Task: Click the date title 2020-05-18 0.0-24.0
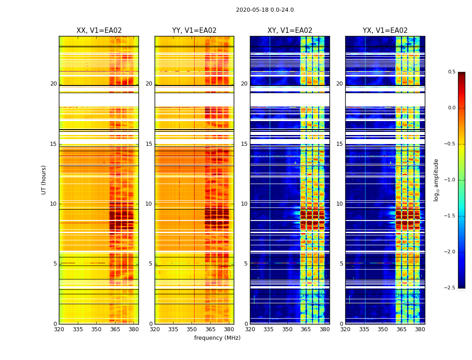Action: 265,10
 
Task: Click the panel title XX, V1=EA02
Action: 99,31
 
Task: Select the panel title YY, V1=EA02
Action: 194,31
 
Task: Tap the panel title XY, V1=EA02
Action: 290,31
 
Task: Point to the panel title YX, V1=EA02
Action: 385,31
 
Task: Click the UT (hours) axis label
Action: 44,180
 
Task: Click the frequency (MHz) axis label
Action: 217,338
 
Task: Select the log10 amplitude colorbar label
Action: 436,180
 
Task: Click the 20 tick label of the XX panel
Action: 53,84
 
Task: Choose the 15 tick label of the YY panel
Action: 149,144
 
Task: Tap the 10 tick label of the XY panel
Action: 244,204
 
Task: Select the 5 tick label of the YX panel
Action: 342,264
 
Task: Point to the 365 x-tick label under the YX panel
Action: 401,329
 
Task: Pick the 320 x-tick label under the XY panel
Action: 250,329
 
